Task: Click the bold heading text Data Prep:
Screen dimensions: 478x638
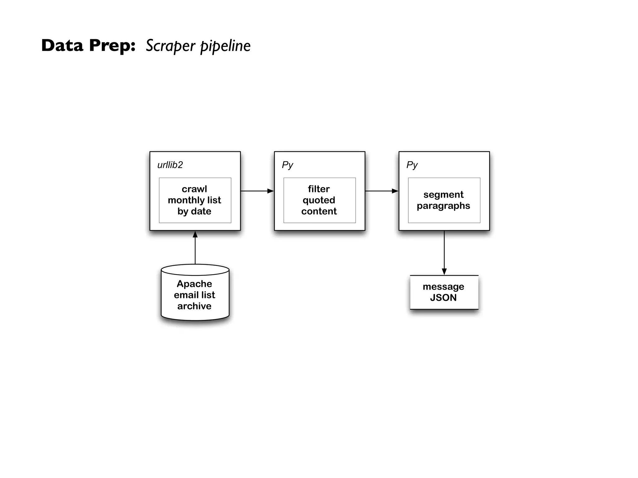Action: [88, 45]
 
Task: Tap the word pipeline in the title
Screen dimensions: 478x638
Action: [225, 46]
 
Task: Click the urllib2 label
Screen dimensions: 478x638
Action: [170, 165]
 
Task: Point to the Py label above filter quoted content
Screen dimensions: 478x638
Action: [287, 165]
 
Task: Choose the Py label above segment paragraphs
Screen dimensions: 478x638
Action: [412, 165]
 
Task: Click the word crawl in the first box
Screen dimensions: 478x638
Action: [194, 189]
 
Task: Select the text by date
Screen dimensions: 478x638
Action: [194, 211]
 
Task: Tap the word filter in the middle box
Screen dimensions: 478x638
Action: [319, 189]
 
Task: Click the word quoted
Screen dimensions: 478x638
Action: [319, 200]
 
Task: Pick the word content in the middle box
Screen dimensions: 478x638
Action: [319, 211]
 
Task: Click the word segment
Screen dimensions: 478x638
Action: [443, 194]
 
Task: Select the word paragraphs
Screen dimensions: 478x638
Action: [443, 206]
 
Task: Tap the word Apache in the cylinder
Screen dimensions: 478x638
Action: [194, 284]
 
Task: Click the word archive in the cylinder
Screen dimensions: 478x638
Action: [194, 306]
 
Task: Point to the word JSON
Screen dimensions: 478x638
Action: [443, 298]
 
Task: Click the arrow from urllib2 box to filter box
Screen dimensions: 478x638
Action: [257, 191]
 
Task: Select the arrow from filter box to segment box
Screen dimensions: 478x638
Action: [382, 191]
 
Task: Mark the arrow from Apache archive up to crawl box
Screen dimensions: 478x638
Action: [195, 247]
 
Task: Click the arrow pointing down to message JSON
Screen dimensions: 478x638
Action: [444, 253]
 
